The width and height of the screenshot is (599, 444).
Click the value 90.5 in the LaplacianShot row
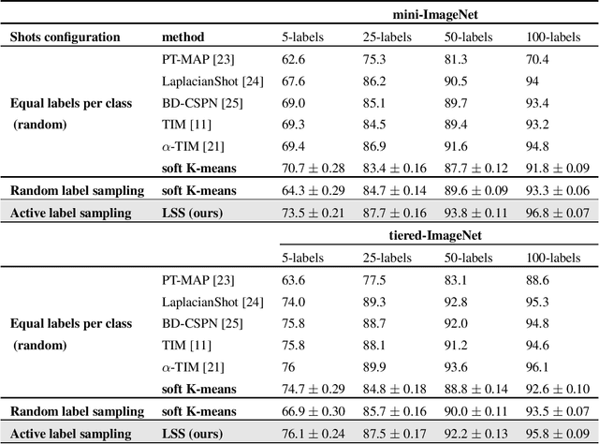458,81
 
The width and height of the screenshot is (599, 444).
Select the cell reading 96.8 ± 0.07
559,213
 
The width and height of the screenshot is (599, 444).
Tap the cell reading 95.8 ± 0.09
559,432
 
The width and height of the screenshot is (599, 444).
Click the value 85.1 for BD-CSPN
376,102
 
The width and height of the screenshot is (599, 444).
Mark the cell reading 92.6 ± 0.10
559,388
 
